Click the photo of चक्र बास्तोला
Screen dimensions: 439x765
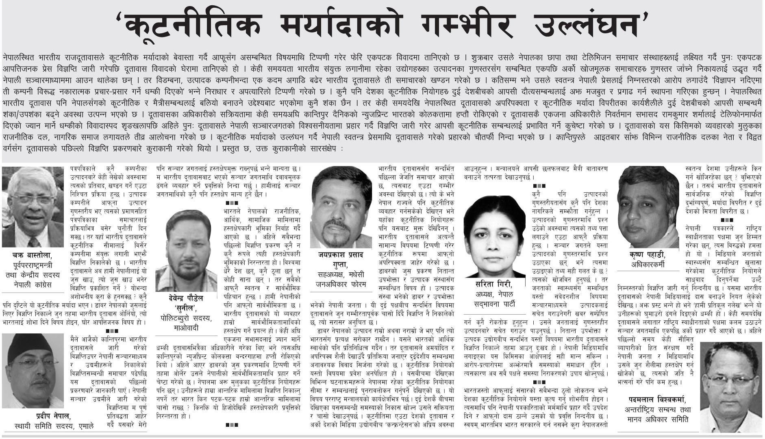(34, 206)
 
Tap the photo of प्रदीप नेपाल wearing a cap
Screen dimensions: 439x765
(33, 370)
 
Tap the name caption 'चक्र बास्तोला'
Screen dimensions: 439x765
(33, 256)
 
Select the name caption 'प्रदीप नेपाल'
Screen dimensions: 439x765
(53, 416)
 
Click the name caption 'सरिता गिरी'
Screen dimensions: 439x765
(494, 284)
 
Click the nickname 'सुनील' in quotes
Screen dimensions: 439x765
(187, 307)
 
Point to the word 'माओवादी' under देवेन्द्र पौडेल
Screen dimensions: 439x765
(187, 328)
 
